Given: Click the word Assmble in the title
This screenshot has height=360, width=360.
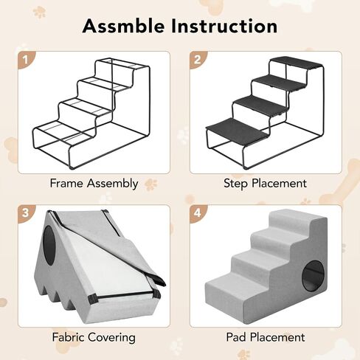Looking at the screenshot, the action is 123,26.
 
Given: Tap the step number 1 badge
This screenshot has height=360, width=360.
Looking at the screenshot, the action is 26,60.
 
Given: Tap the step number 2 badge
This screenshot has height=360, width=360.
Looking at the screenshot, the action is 198,60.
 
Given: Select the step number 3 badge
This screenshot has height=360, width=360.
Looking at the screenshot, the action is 26,213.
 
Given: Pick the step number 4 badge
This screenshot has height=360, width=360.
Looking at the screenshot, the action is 198,213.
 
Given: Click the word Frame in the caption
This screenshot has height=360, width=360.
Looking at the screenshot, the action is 66,183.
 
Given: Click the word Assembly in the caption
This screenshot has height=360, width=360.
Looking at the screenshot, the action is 112,184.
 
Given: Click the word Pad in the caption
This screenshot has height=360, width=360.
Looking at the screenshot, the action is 236,337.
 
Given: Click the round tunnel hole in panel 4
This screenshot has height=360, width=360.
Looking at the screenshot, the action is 313,275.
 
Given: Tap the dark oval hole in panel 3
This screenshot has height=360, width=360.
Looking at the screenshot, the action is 49,245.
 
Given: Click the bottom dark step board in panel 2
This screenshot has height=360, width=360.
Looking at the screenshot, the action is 237,129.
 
